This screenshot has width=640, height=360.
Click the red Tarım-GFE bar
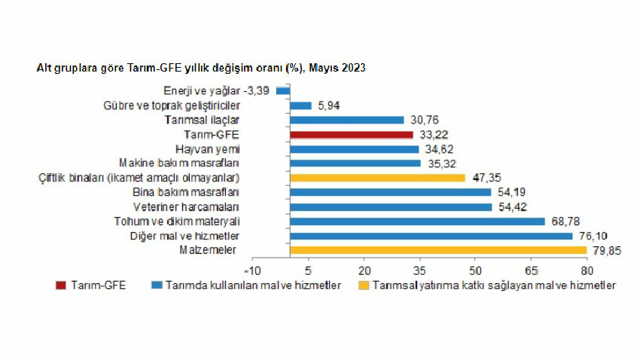[x=351, y=135]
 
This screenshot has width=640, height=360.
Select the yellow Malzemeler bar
[x=437, y=250]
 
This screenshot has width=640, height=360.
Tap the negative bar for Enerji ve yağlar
[x=283, y=91]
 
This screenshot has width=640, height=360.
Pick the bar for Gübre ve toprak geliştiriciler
[x=300, y=105]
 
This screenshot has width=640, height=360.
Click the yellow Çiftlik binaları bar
[x=377, y=178]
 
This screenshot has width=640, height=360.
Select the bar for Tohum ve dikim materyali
[x=417, y=221]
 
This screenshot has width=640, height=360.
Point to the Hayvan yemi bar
[x=354, y=149]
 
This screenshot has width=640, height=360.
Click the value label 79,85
[x=606, y=251]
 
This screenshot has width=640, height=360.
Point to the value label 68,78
[x=564, y=221]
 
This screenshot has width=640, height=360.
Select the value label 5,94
[x=329, y=106]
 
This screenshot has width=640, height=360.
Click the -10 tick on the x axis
[x=252, y=270]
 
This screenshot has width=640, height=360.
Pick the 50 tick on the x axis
[x=475, y=270]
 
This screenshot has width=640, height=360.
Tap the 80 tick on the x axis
[x=587, y=270]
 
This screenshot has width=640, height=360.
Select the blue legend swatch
[x=157, y=285]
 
